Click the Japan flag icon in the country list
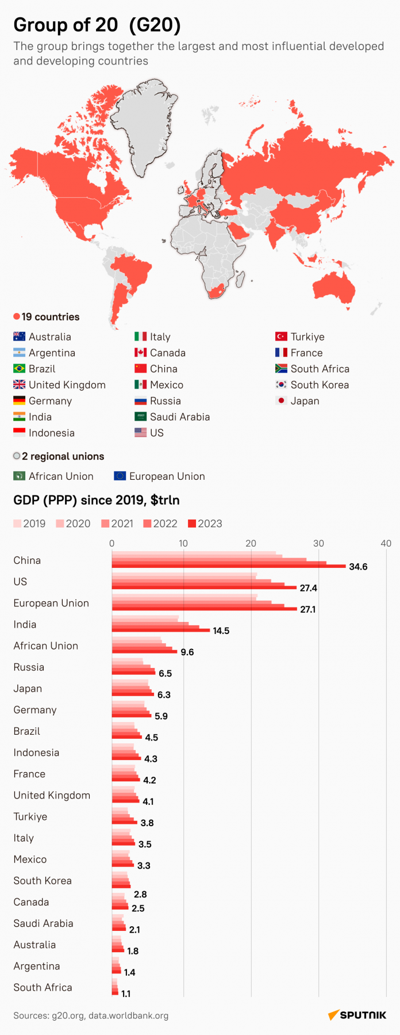[281, 401]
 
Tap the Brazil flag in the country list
[20, 369]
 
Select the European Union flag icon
[120, 476]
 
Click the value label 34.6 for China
[358, 567]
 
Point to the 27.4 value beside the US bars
[309, 588]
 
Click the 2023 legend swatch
[193, 524]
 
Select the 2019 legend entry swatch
[17, 524]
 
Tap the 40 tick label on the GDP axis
[386, 543]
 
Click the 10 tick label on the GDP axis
[183, 543]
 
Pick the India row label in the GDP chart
[25, 625]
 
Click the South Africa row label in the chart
[43, 987]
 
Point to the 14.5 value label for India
[221, 631]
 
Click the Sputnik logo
[357, 1015]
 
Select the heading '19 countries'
[50, 317]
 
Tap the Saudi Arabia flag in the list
[141, 417]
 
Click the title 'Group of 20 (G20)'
[97, 25]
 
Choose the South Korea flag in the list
[281, 385]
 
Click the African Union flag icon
[20, 476]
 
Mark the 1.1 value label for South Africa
[126, 994]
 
